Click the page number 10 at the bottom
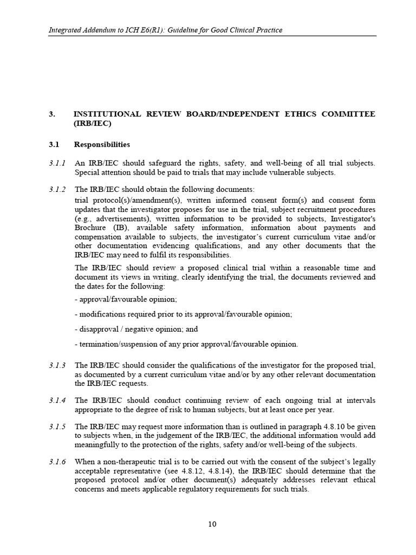(212, 524)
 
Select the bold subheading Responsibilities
(102, 145)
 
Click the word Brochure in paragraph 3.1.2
(92, 228)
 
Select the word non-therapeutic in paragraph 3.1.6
(127, 462)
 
